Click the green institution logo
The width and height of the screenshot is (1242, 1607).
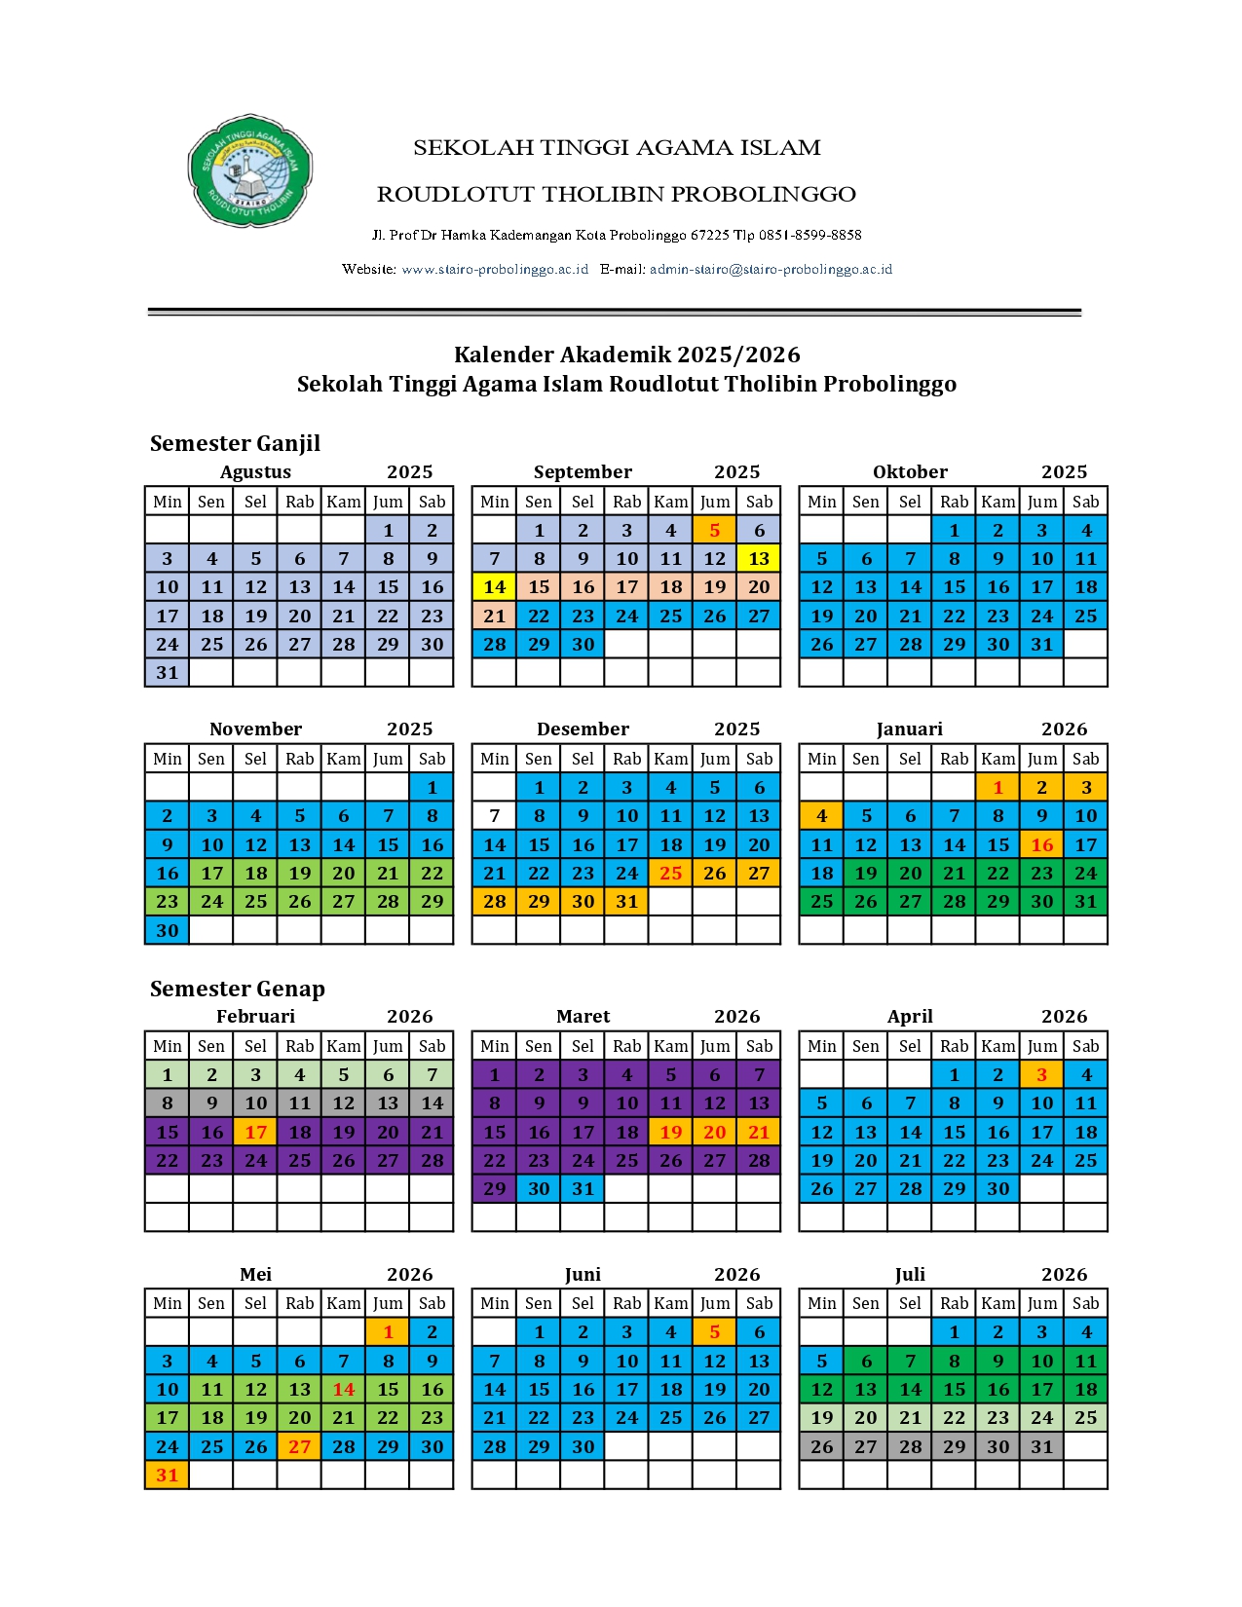[249, 171]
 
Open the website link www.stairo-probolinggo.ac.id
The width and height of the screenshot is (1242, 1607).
[495, 269]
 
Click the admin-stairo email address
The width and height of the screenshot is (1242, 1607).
[771, 269]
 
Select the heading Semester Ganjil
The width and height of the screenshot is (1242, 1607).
[235, 443]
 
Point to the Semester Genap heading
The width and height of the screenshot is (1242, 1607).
[237, 989]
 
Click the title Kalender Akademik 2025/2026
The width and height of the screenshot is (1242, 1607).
[626, 355]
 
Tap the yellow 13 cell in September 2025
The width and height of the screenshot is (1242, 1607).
[759, 559]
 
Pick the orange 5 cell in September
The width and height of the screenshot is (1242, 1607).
[715, 531]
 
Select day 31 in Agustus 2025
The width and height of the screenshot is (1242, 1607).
[168, 673]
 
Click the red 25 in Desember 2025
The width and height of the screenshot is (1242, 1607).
[671, 874]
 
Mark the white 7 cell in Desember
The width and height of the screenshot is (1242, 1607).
[495, 816]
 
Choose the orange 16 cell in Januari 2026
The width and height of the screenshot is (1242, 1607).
[1042, 844]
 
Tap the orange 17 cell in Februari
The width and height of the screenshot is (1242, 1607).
[256, 1132]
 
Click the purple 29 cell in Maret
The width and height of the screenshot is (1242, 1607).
[495, 1189]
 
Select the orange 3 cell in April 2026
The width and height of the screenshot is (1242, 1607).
[1042, 1075]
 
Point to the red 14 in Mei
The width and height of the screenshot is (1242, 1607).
[344, 1390]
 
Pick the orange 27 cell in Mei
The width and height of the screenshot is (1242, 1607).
[300, 1447]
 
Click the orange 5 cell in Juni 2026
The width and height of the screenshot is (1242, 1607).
[715, 1332]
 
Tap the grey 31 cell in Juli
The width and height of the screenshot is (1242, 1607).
[1042, 1447]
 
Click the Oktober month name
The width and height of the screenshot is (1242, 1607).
[910, 472]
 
